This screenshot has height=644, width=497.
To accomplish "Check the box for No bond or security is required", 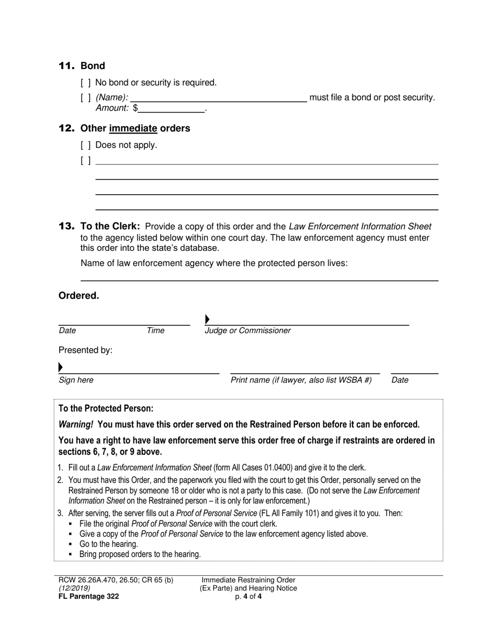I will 86,83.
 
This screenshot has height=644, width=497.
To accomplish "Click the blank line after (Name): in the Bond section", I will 218,98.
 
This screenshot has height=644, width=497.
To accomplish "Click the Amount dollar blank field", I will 172,108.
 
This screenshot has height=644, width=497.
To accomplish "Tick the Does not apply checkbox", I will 86,145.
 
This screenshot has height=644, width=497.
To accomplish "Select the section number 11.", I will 66,66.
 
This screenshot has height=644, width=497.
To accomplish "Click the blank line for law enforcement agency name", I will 259,276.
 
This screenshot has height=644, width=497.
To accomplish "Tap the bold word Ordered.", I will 78,296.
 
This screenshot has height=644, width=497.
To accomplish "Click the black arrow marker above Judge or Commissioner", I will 207,319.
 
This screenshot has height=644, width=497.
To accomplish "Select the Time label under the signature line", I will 155,330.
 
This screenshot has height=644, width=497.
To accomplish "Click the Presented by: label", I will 85,350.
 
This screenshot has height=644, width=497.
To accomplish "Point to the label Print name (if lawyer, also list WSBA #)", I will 301,380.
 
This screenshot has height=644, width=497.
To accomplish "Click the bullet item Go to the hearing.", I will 108,544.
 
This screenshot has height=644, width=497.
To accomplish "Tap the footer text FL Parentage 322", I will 88,596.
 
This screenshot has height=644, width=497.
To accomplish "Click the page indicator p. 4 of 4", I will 249,596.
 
